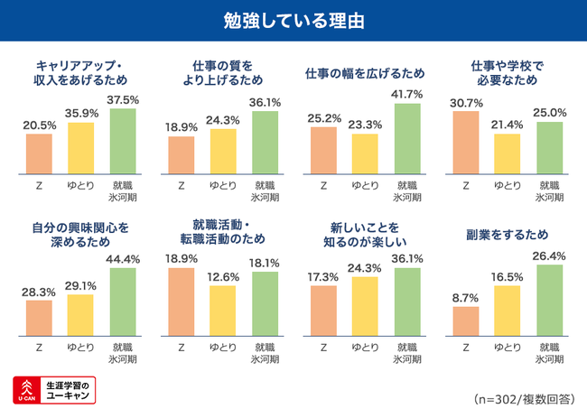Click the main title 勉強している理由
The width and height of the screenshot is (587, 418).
pos(293,20)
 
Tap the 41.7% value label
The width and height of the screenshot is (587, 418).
pos(408,94)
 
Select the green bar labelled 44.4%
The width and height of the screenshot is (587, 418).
pos(123,302)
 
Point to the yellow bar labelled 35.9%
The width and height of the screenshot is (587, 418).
pos(81,147)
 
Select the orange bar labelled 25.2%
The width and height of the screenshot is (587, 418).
pos(323,150)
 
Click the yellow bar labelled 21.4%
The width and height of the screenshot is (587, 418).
pos(508,153)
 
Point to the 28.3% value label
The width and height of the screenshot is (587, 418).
pos(39,292)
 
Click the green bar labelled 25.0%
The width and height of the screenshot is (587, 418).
pos(549,147)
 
